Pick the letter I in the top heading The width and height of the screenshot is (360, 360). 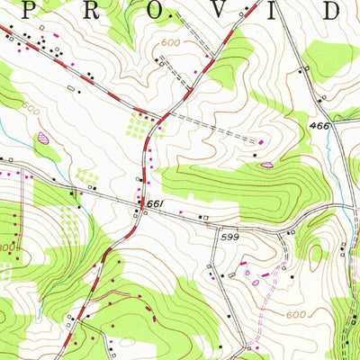(274, 9)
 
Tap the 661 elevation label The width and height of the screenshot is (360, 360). (154, 206)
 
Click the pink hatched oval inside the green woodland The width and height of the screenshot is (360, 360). (266, 164)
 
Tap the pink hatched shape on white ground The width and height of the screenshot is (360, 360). (42, 139)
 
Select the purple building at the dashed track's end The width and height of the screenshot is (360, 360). (261, 142)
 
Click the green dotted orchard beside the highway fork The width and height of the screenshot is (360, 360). (139, 123)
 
